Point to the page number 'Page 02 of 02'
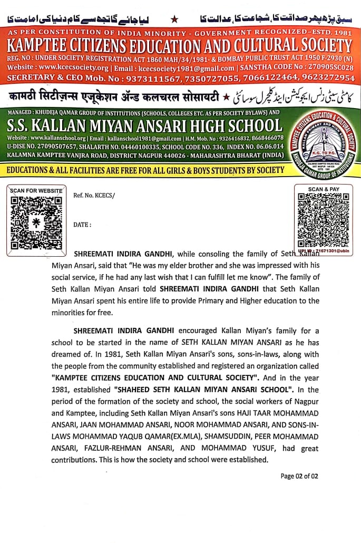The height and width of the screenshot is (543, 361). (x=299, y=476)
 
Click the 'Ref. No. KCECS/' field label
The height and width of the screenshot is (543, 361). (x=94, y=195)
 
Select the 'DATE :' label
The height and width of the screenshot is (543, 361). (x=82, y=225)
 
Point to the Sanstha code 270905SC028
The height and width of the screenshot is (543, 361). (x=327, y=68)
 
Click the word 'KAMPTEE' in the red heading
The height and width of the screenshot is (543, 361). (x=45, y=45)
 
